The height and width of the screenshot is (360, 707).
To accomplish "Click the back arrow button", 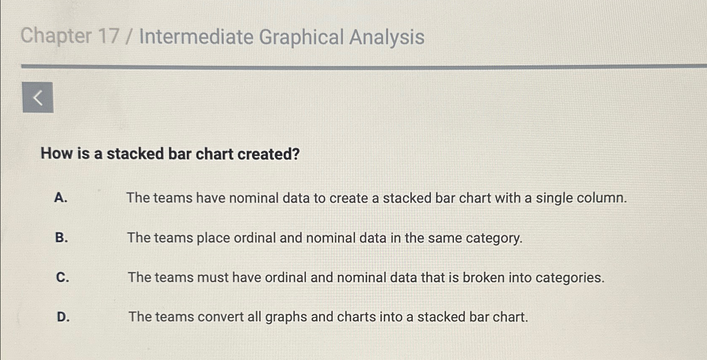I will coord(38,98).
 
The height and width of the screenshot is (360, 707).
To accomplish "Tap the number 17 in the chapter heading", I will coord(108,37).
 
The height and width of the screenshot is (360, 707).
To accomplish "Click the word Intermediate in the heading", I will coord(196,37).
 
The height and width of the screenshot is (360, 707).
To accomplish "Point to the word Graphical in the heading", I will coord(301,38).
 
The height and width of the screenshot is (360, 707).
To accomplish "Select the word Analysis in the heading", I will coord(386,38).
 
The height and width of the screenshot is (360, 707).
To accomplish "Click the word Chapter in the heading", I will coord(56,36).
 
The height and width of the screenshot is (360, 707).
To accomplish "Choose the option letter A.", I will coord(61,198).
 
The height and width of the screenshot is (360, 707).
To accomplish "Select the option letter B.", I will coord(61,237).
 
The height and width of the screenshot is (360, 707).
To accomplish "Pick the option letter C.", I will coord(62,277).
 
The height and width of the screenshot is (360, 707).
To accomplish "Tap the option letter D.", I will coord(63,317).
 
